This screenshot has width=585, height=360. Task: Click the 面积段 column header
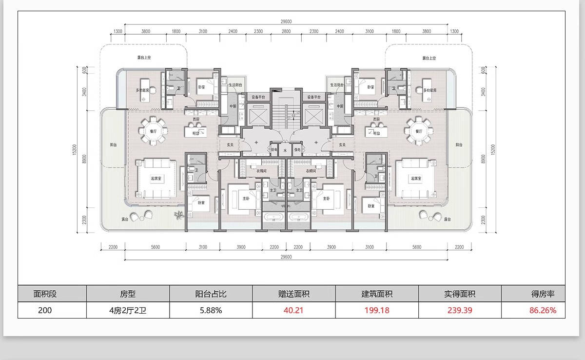45,294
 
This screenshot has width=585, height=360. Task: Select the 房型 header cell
128,294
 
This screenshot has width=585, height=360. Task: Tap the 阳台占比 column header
211,294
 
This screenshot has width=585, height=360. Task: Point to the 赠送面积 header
293,294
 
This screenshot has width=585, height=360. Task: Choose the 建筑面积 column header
376,294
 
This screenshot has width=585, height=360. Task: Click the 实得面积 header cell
459,294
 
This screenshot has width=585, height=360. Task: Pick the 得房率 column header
542,294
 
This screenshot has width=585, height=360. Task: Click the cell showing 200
45,310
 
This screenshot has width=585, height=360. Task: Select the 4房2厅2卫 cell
128,310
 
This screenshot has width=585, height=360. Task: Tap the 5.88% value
211,310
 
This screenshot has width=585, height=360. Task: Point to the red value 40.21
293,310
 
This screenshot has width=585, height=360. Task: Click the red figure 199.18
376,310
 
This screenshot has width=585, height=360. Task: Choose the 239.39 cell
459,310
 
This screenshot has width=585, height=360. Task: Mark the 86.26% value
542,310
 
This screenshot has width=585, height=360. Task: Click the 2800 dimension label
286,32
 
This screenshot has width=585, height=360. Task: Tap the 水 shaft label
286,151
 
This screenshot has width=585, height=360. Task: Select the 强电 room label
297,150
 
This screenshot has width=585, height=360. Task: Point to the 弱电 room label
274,150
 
